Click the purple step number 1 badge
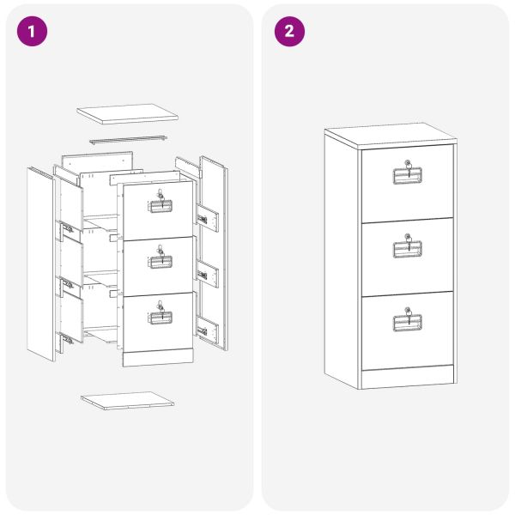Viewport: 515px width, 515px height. pos(32,31)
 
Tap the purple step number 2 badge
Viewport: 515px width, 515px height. pos(289,31)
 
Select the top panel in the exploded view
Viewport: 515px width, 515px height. pos(127,114)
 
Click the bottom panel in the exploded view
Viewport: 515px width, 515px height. pos(127,400)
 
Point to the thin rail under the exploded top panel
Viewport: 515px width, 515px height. pos(128,139)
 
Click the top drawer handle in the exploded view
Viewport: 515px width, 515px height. pos(161,206)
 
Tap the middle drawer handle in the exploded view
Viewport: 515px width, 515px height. pos(161,262)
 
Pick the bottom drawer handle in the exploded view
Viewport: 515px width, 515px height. pos(161,318)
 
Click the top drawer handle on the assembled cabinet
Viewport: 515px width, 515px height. pos(407,176)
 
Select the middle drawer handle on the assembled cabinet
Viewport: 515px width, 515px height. pos(407,249)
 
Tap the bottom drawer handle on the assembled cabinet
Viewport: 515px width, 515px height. pos(407,323)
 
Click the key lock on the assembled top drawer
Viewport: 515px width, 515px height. pos(408,163)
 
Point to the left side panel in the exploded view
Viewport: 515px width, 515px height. pos(40,264)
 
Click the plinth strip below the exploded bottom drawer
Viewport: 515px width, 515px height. pos(158,357)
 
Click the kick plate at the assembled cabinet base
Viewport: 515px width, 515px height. pos(407,377)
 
